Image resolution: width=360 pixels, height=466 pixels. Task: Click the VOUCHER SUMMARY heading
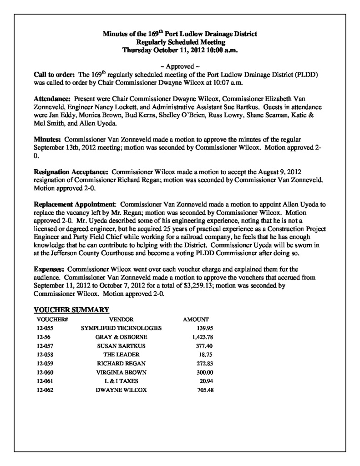[72, 310]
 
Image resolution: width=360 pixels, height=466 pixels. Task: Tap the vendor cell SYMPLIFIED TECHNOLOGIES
[121, 328]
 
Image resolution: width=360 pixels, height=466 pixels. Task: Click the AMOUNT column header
[196, 319]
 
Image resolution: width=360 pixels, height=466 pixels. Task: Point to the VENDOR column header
[121, 319]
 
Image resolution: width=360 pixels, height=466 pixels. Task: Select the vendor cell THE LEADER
[121, 355]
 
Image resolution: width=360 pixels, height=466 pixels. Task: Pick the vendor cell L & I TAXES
[121, 381]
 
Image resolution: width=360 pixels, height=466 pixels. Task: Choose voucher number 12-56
[45, 337]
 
